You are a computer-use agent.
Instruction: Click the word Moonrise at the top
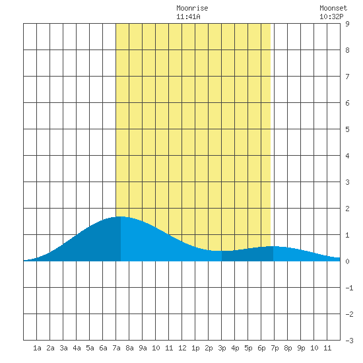point(192,8)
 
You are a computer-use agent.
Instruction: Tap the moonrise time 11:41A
point(188,16)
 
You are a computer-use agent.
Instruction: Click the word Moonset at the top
point(333,8)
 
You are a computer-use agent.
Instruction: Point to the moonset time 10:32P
point(331,16)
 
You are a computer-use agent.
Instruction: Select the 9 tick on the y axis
point(347,24)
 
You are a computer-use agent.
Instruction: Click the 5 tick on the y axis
point(347,129)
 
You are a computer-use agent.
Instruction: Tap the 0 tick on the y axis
point(347,261)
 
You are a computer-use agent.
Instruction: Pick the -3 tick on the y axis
point(349,341)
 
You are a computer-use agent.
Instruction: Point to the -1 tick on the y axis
point(349,288)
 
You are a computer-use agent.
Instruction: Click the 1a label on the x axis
point(37,348)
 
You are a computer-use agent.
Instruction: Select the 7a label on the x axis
point(116,348)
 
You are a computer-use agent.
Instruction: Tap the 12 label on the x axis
point(182,348)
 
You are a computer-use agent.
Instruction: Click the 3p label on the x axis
point(222,348)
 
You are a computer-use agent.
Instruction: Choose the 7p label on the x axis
point(275,348)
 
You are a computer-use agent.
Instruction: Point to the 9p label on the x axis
point(301,348)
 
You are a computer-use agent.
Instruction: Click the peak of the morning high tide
point(119,216)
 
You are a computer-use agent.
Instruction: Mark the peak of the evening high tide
point(272,246)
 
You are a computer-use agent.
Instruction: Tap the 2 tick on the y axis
point(347,209)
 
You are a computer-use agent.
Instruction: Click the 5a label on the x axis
point(90,348)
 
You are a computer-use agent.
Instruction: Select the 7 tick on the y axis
point(347,77)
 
